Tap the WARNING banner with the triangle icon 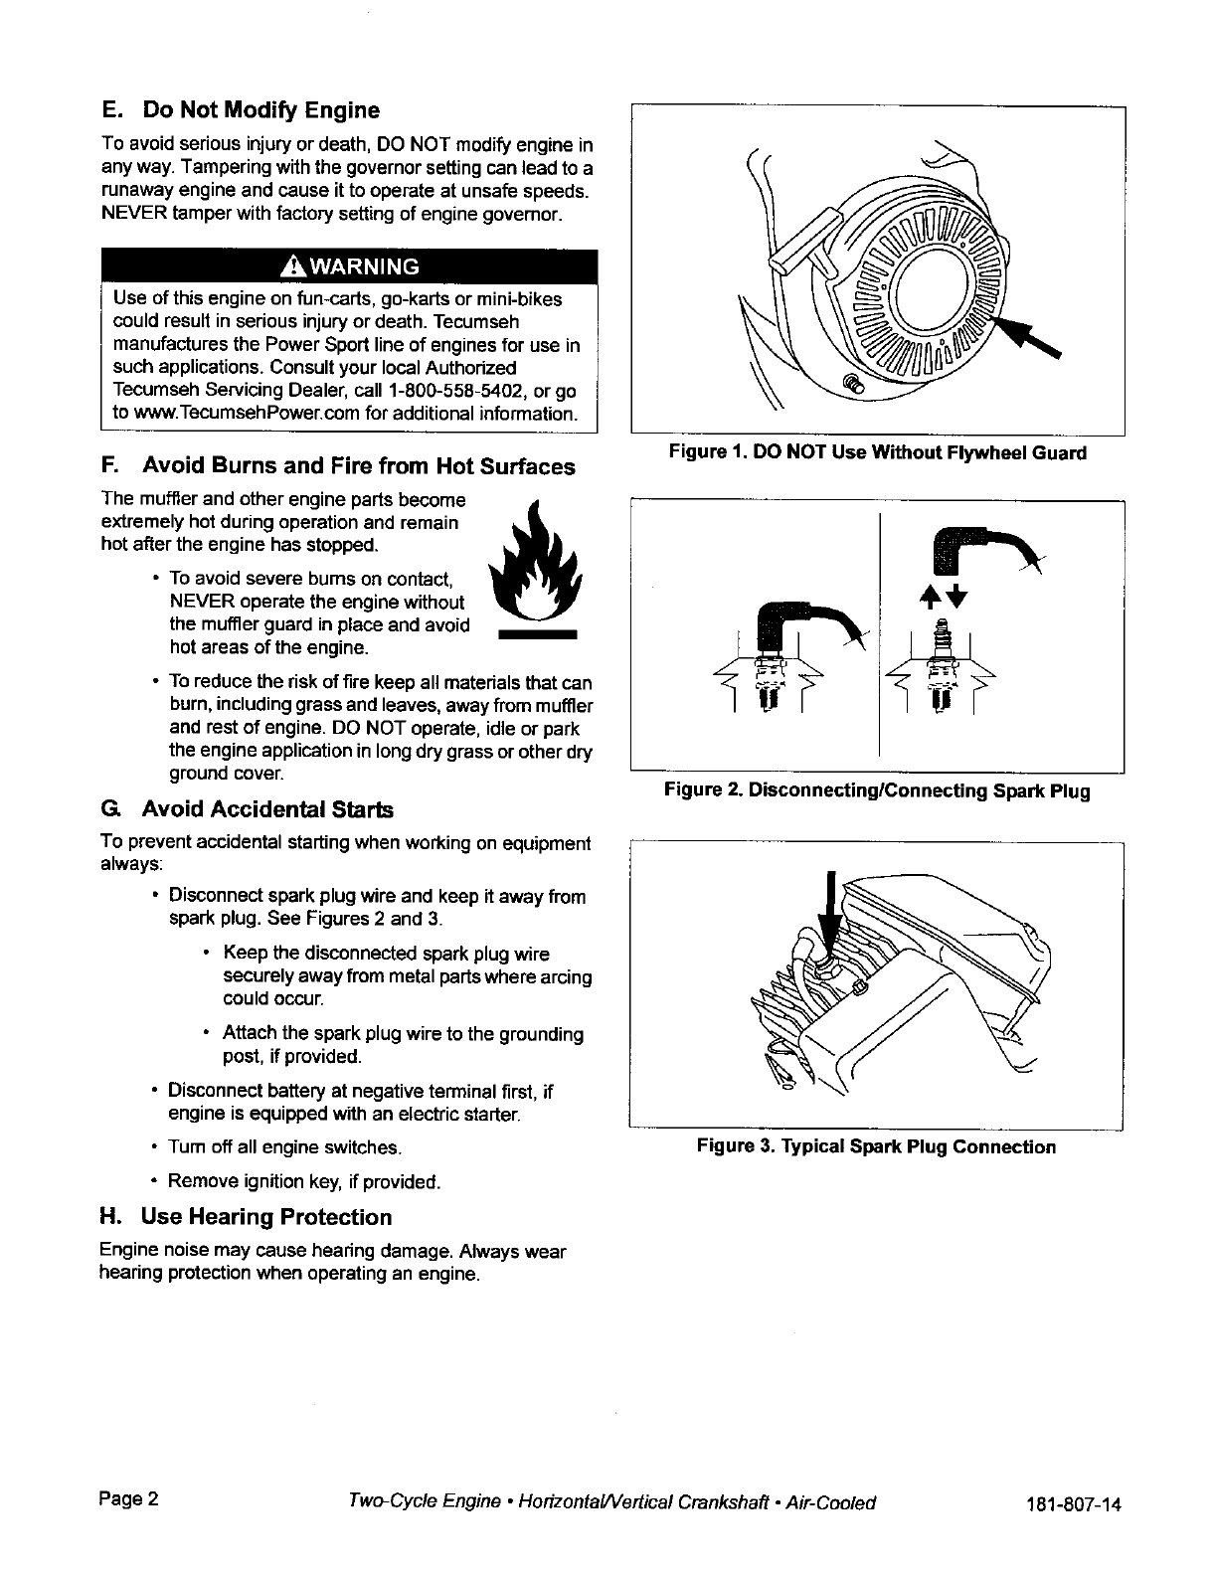tap(348, 266)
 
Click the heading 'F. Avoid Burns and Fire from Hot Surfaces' tap(338, 466)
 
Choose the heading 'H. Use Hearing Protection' tap(246, 1217)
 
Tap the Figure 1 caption tap(877, 453)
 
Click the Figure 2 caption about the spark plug tap(877, 791)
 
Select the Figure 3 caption tap(876, 1147)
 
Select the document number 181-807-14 tap(1073, 1503)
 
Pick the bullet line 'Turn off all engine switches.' tap(284, 1148)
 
